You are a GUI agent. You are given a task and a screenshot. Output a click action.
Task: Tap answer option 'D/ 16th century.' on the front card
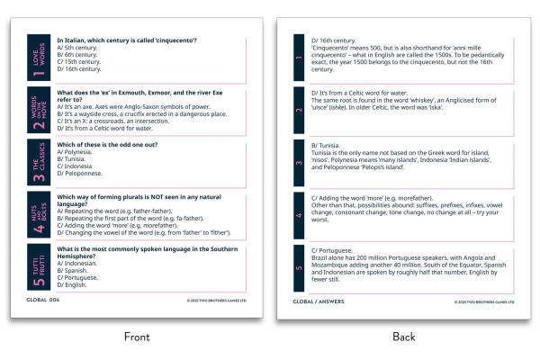coord(80,68)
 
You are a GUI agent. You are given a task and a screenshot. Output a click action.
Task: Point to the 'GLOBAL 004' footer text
coord(42,300)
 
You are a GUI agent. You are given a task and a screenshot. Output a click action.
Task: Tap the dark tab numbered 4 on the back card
coord(300,211)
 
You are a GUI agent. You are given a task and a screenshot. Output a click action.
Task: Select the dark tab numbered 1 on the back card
coord(300,57)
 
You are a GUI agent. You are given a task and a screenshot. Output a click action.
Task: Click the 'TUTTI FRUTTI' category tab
coord(38,266)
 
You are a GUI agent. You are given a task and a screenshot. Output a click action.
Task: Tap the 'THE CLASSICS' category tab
coord(38,162)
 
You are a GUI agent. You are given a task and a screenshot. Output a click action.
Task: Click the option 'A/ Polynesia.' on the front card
coord(77,152)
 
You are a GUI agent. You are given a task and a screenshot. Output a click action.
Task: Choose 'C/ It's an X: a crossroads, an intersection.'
coord(117,121)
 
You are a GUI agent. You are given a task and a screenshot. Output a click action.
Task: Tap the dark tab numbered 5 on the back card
coord(300,267)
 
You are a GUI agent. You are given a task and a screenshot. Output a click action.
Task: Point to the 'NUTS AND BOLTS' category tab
coord(38,214)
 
